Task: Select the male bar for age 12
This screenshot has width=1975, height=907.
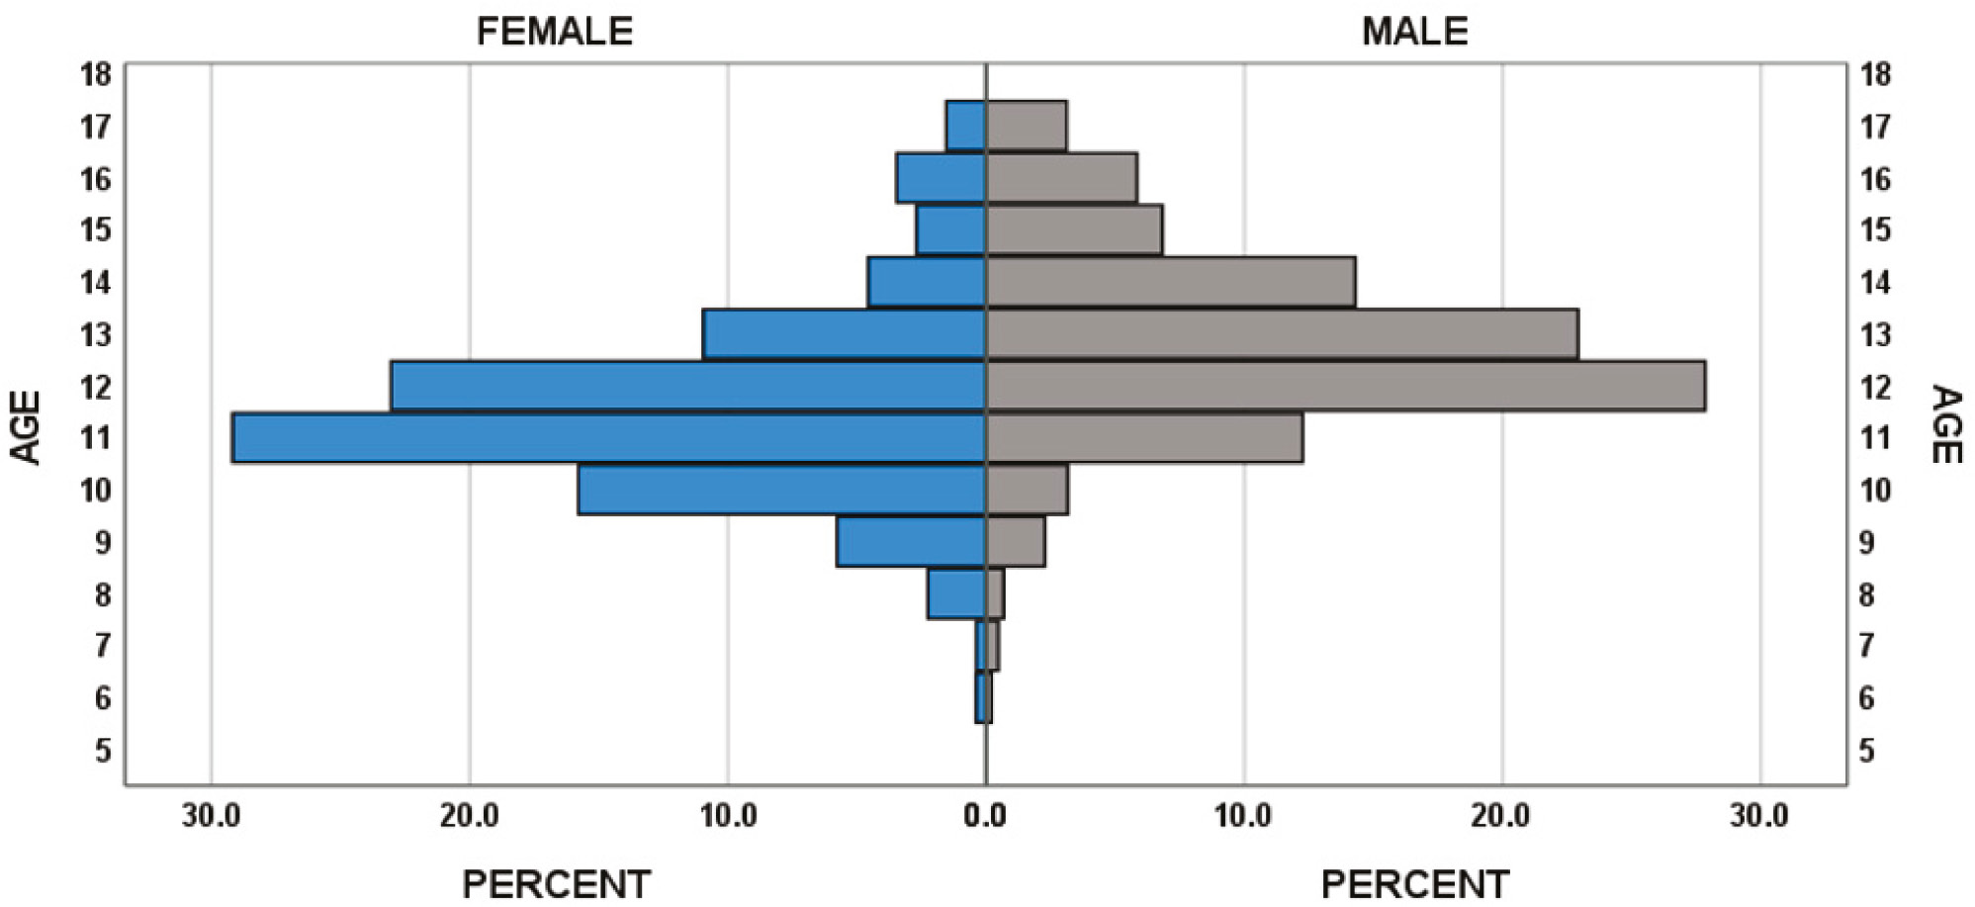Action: [x=1345, y=386]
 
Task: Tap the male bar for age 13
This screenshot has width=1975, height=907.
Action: [x=1282, y=334]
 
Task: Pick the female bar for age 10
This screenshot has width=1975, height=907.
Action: [x=781, y=490]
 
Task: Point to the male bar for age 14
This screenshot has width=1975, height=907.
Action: [x=1170, y=282]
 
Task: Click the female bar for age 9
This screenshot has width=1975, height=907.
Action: [x=911, y=542]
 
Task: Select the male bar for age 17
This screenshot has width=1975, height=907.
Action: [x=1026, y=126]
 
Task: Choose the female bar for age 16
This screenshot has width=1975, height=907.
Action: [x=941, y=178]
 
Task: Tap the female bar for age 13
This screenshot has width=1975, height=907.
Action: [x=844, y=334]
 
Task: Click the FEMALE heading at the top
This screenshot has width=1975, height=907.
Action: [x=554, y=32]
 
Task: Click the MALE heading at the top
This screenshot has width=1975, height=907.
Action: [x=1414, y=32]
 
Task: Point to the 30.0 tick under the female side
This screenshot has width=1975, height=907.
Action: [x=211, y=816]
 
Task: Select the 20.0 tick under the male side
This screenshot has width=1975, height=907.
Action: [x=1500, y=816]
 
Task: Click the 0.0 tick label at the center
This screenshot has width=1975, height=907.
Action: [x=985, y=816]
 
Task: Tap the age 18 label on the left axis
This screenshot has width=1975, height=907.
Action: [x=97, y=74]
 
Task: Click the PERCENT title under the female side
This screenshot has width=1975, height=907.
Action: [x=556, y=883]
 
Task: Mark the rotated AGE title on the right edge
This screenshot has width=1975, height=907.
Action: [x=1945, y=424]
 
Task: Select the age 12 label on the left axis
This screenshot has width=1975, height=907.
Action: [x=97, y=386]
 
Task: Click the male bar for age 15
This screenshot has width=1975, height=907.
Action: [x=1073, y=229]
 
